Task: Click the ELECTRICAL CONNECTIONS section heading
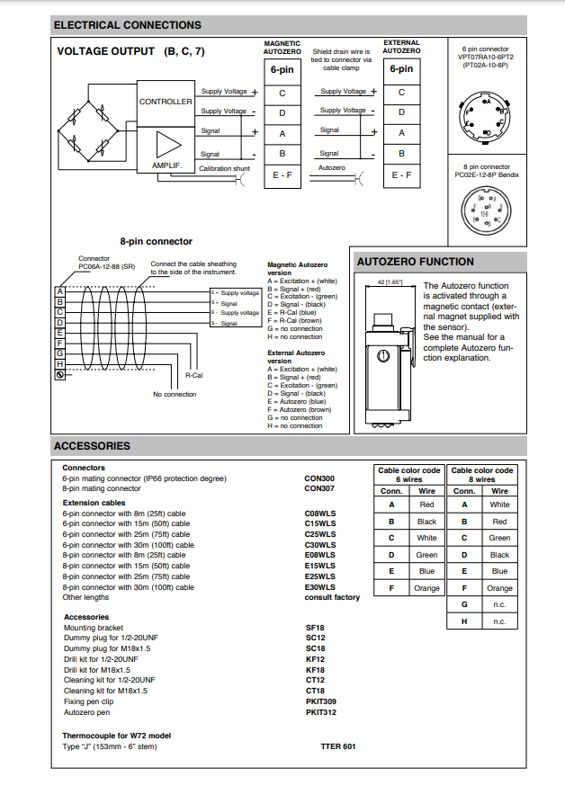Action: (x=128, y=25)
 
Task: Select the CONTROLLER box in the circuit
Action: (x=165, y=102)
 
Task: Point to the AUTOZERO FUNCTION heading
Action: (x=416, y=262)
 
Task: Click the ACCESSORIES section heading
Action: (x=92, y=446)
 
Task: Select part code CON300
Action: (x=319, y=478)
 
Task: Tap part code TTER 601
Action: (x=338, y=746)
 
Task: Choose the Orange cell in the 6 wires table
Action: (x=427, y=588)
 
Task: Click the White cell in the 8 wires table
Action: (x=499, y=505)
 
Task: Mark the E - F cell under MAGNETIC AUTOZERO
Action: (x=282, y=175)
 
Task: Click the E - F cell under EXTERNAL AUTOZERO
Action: (x=401, y=175)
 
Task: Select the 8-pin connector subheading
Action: (x=156, y=241)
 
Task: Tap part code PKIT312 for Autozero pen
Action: (x=321, y=712)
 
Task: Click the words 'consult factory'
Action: (x=332, y=597)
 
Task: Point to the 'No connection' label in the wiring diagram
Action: (x=175, y=394)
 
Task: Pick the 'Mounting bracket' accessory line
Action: (x=94, y=628)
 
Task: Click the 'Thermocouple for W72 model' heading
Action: (x=116, y=736)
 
